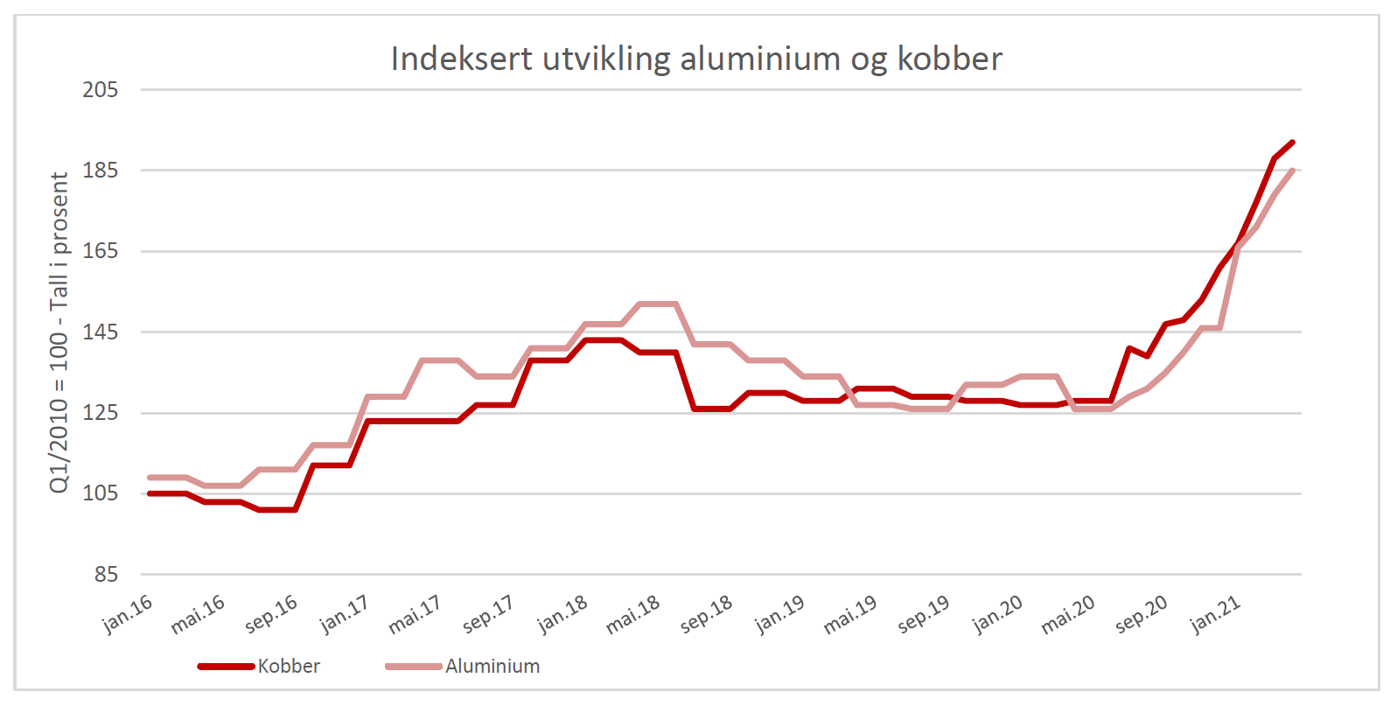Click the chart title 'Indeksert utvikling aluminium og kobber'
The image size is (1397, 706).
[696, 59]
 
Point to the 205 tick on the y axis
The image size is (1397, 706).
[100, 90]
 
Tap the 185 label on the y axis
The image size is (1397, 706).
[100, 171]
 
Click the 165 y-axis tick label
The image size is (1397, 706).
[100, 251]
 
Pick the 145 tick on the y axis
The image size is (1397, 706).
[100, 332]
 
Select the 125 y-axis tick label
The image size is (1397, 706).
[100, 413]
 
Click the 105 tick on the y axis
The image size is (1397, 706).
[100, 493]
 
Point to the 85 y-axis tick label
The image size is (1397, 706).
[105, 575]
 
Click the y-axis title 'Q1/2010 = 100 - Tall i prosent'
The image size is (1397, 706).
[59, 332]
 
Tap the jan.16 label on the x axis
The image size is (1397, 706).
[128, 613]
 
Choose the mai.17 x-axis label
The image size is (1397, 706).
[415, 614]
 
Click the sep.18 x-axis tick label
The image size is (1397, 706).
[706, 614]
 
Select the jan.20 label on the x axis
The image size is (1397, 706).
[997, 614]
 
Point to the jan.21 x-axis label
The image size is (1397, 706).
[1215, 614]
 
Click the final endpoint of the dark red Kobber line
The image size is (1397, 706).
[1292, 142]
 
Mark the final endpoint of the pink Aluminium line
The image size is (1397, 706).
[1292, 171]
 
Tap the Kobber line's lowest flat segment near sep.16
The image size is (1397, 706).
[277, 509]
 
